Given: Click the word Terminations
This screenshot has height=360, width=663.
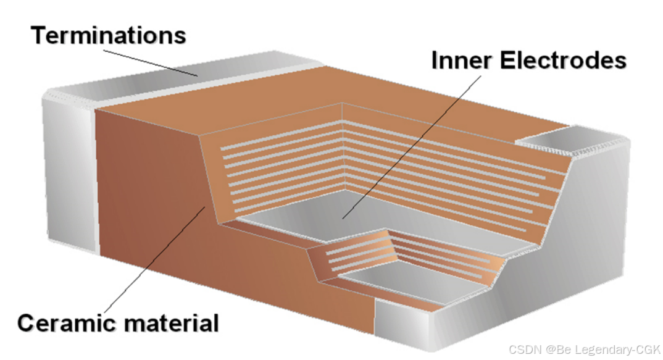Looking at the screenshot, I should (x=108, y=35).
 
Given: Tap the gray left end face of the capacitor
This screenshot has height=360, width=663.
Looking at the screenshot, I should (x=68, y=173).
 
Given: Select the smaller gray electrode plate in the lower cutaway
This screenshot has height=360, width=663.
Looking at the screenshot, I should (x=401, y=278).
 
